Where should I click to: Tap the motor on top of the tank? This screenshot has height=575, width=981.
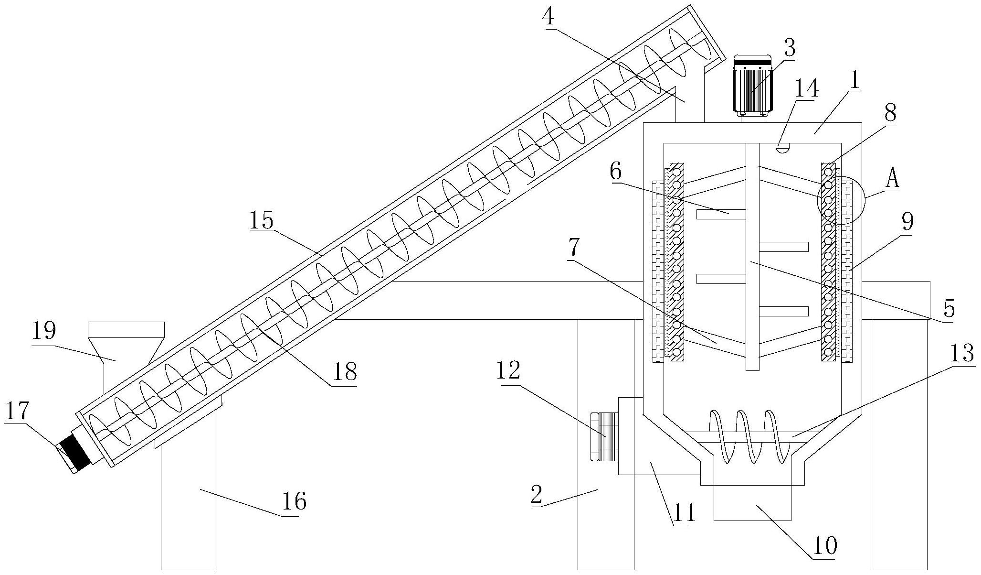(752, 86)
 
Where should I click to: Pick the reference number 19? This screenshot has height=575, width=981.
(44, 331)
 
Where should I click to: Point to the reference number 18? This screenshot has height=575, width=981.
(345, 371)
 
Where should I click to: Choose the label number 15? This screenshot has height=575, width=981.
(262, 221)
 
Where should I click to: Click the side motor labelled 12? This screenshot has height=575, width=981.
(604, 437)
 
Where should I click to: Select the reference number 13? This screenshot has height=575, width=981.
(961, 354)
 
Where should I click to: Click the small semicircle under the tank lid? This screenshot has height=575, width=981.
(781, 147)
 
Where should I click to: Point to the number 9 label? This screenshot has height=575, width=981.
(907, 222)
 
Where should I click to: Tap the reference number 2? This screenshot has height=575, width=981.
(537, 496)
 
